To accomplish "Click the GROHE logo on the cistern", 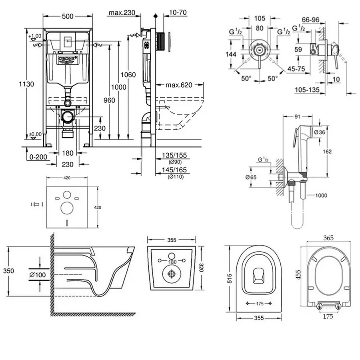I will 67,59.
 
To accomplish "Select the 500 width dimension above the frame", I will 67,17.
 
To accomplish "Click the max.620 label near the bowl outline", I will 179,85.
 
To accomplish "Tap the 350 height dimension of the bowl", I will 8,271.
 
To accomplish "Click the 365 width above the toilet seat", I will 328,238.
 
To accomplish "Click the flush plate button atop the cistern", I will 67,40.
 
